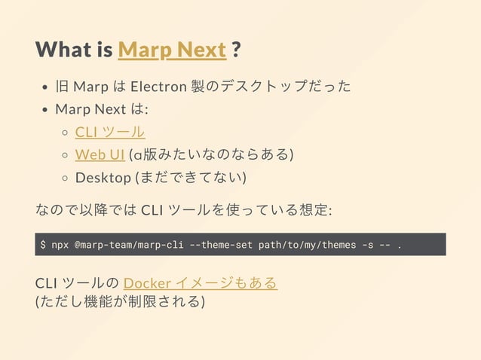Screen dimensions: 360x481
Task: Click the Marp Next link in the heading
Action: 172,50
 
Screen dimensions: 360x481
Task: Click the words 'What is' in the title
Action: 73,50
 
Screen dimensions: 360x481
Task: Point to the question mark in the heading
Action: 237,50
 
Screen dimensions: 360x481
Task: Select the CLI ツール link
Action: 110,132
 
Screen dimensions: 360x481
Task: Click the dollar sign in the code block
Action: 44,245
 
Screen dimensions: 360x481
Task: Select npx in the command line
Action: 60,245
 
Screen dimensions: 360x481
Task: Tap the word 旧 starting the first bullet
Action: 63,87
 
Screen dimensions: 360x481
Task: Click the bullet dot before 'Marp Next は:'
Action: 46,110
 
